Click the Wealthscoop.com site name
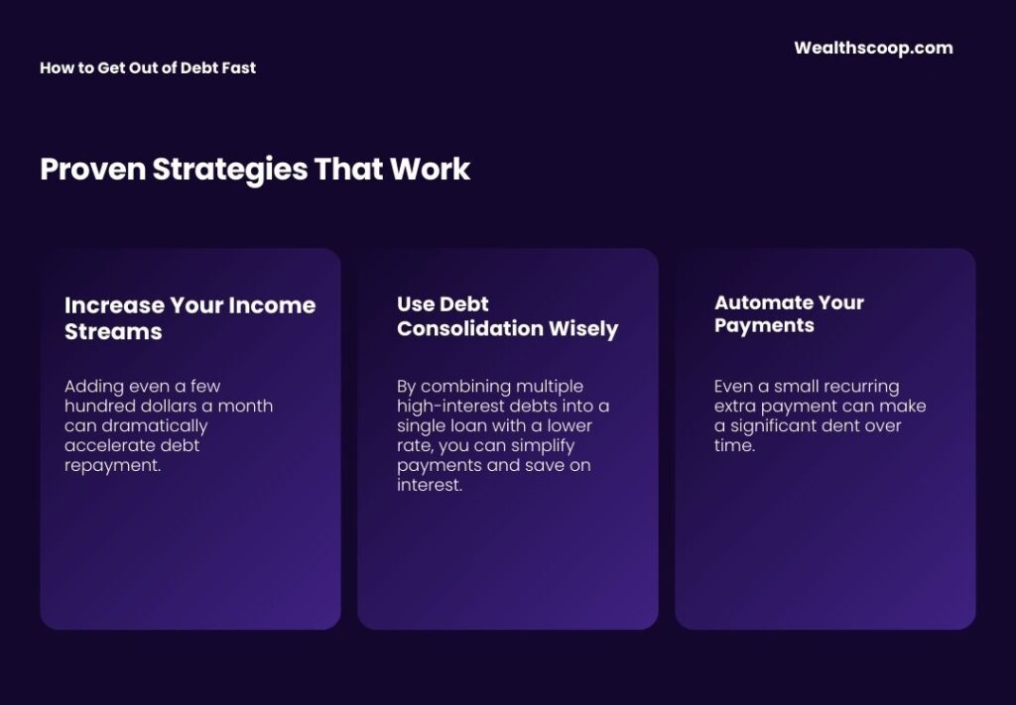[873, 48]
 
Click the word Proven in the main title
[92, 170]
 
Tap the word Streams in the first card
[113, 331]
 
